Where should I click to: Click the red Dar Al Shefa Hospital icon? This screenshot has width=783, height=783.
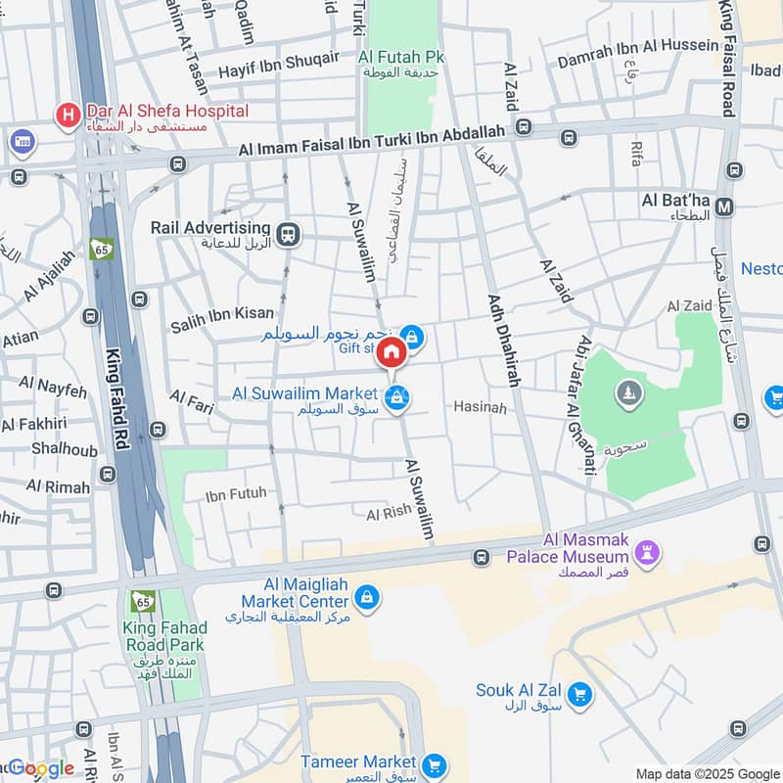[x=67, y=116]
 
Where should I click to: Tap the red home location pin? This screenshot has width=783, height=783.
[x=391, y=352]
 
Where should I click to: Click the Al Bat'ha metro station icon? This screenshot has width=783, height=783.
[x=725, y=207]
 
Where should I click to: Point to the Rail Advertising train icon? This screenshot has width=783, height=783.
[x=288, y=233]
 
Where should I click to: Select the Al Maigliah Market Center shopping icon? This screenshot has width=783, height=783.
[x=367, y=597]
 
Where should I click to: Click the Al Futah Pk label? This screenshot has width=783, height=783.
[x=401, y=58]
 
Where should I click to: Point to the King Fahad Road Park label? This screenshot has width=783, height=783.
[x=163, y=636]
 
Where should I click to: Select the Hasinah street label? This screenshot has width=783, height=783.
[x=480, y=407]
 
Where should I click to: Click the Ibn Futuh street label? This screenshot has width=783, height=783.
[x=236, y=494]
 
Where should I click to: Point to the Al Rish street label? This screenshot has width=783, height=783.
[x=389, y=513]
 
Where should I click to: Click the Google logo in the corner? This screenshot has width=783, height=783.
[x=41, y=768]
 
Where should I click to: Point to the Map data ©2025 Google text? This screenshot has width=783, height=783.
[x=705, y=773]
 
